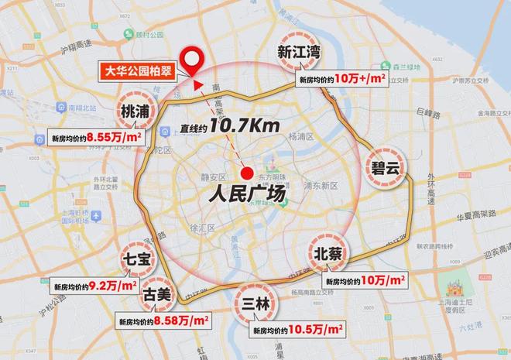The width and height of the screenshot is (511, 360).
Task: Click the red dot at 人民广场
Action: coord(247,173)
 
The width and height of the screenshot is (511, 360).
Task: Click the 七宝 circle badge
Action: coord(139,259)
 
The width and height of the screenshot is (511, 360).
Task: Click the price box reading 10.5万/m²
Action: coord(297,329)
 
